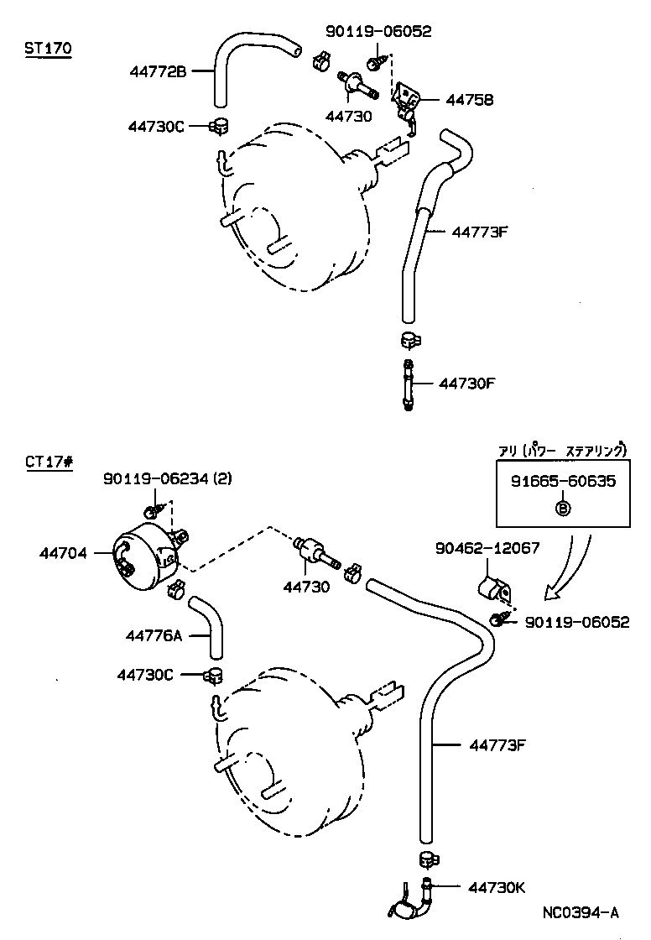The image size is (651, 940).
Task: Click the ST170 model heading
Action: tap(48, 49)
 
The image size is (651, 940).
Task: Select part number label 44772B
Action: tap(158, 72)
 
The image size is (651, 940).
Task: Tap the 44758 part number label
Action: tap(469, 100)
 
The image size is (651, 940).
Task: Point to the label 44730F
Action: tap(468, 384)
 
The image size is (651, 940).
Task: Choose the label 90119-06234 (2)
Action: tap(168, 479)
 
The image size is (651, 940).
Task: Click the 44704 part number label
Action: tap(63, 553)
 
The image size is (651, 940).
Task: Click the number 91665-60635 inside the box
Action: tap(563, 482)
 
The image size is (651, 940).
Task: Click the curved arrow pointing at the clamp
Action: tap(570, 571)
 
